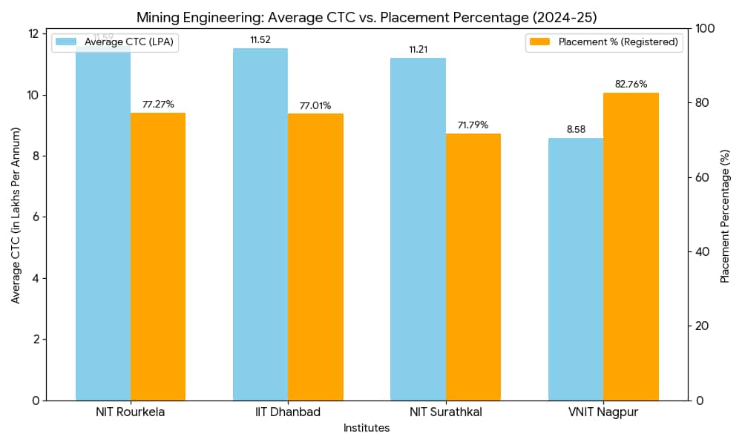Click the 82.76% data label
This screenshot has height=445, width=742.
631,85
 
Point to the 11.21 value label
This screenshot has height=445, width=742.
418,50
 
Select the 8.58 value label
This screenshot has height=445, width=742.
576,130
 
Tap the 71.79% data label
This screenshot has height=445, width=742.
473,125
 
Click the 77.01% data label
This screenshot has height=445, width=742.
315,106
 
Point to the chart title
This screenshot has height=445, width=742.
367,17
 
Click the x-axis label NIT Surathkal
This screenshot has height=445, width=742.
445,412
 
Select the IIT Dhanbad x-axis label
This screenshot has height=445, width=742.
288,412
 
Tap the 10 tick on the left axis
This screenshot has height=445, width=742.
33,95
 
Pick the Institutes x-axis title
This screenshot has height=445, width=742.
367,429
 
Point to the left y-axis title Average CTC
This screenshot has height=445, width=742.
16,214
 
